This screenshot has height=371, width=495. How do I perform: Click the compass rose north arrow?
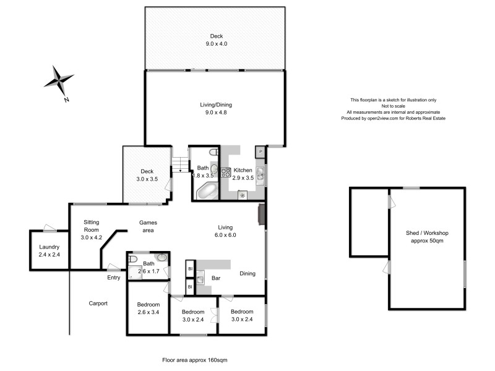(60, 81)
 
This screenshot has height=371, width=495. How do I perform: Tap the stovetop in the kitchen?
(226, 173)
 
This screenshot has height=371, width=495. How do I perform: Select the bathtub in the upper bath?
(206, 192)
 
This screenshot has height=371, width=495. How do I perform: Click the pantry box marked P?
(260, 151)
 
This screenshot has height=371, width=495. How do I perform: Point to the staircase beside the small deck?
(179, 164)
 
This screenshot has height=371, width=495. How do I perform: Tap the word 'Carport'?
(98, 304)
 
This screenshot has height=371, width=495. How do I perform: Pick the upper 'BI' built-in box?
(189, 269)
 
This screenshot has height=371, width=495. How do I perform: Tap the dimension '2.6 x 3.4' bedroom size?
(148, 312)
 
